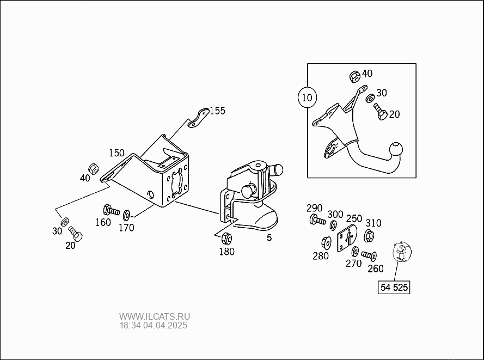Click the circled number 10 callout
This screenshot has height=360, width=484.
[x=308, y=98]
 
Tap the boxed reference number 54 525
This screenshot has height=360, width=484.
[x=394, y=287]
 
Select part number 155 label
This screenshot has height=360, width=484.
[x=217, y=111]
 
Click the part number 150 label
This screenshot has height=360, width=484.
[x=117, y=152]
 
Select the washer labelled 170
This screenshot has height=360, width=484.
[x=127, y=213]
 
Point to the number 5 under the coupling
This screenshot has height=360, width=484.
[x=269, y=237]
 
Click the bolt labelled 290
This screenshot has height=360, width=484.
[x=317, y=221]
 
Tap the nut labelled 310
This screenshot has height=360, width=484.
[x=366, y=235]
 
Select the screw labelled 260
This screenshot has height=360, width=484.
[x=369, y=254]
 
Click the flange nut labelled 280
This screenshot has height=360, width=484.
[x=328, y=241]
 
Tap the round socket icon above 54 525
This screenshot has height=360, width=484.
[x=403, y=252]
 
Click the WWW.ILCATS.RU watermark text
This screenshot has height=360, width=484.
[x=155, y=316]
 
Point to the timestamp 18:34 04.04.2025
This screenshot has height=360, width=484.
[x=153, y=326]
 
